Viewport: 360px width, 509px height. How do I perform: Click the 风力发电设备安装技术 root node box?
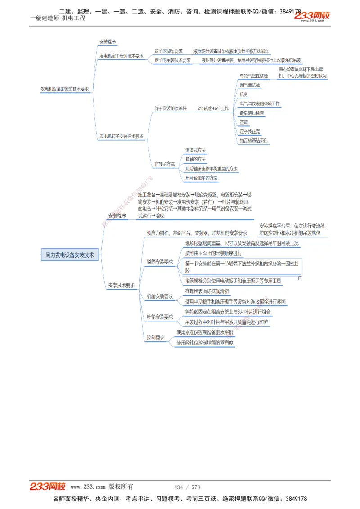[x=70, y=254]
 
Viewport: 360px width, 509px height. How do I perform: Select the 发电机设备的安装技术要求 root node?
[x=65, y=89]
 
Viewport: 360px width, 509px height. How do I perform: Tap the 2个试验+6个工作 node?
[x=213, y=108]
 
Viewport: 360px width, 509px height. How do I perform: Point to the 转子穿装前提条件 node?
[x=170, y=108]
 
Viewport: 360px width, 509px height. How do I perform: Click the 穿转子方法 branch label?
[x=164, y=164]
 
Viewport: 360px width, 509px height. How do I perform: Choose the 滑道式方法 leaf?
[x=195, y=150]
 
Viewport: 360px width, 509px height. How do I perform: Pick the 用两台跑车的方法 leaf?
[x=201, y=178]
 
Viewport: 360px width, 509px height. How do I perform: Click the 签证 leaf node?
[x=244, y=122]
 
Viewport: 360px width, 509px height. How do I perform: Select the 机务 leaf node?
[x=244, y=94]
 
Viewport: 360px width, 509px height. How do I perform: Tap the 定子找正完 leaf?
[x=250, y=131]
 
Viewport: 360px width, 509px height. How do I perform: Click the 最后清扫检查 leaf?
[x=252, y=112]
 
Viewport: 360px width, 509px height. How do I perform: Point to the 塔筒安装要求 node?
[x=160, y=262]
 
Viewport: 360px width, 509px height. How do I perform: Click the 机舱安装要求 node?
[x=160, y=296]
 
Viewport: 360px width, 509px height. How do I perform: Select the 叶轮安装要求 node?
[x=160, y=317]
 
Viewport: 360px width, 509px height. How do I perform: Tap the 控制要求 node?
[x=155, y=337]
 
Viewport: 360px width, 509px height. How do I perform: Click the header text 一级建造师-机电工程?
[x=57, y=18]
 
